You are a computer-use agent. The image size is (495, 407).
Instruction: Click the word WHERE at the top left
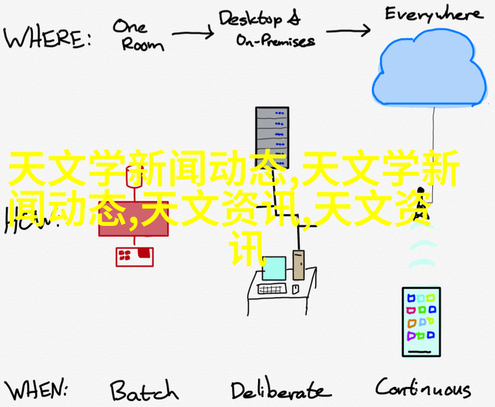pos(47,38)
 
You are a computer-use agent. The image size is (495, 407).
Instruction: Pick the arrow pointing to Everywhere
pos(347,29)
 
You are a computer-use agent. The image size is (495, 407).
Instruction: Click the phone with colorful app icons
pos(421,321)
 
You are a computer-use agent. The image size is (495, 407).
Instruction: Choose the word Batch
pos(144,390)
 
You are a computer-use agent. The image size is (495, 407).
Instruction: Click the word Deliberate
pos(280,390)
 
